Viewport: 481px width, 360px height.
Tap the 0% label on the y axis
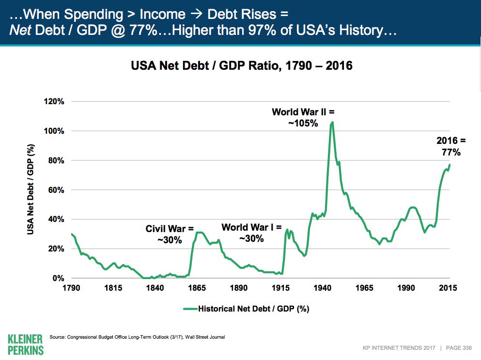pyautogui.click(x=58, y=279)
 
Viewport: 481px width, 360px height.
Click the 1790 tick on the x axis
pyautogui.click(x=71, y=288)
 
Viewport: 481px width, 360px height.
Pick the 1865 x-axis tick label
pyautogui.click(x=196, y=288)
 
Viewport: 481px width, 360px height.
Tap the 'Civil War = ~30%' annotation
pyautogui.click(x=170, y=234)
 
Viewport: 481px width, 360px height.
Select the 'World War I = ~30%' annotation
pyautogui.click(x=251, y=233)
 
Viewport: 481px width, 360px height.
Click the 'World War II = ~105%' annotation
pyautogui.click(x=303, y=118)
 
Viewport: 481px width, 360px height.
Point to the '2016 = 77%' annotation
pyautogui.click(x=450, y=146)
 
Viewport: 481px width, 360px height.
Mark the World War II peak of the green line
pyautogui.click(x=332, y=122)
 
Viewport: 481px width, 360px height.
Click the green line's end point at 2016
pyautogui.click(x=450, y=165)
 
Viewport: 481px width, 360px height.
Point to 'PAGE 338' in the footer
pyautogui.click(x=459, y=348)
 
